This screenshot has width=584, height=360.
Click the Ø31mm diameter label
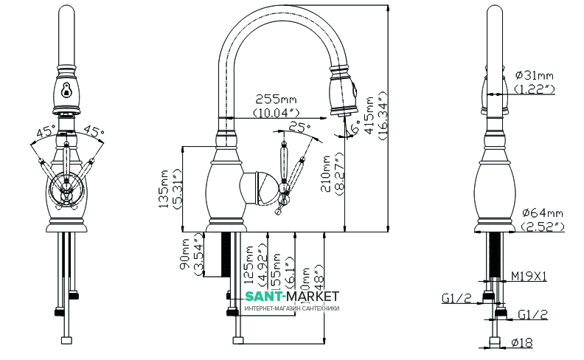533,75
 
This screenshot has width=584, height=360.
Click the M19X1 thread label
528,277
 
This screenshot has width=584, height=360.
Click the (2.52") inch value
542,226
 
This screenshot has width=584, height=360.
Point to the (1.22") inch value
535,89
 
